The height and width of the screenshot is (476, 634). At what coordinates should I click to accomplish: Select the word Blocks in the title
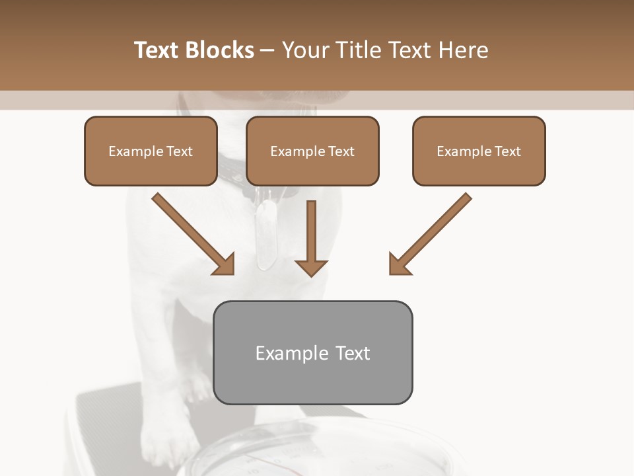pyautogui.click(x=219, y=50)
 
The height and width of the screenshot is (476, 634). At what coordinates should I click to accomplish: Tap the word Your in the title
pyautogui.click(x=305, y=50)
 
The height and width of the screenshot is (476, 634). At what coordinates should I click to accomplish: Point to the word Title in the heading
pyautogui.click(x=359, y=50)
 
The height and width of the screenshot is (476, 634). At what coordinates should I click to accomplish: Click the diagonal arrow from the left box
pyautogui.click(x=193, y=233)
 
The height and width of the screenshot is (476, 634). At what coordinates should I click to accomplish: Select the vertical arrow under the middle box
pyautogui.click(x=311, y=238)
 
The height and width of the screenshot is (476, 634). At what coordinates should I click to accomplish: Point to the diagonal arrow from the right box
pyautogui.click(x=431, y=233)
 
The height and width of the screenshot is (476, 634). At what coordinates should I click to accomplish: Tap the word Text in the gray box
pyautogui.click(x=353, y=353)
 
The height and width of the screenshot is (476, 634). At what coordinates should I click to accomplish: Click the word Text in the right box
pyautogui.click(x=508, y=151)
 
